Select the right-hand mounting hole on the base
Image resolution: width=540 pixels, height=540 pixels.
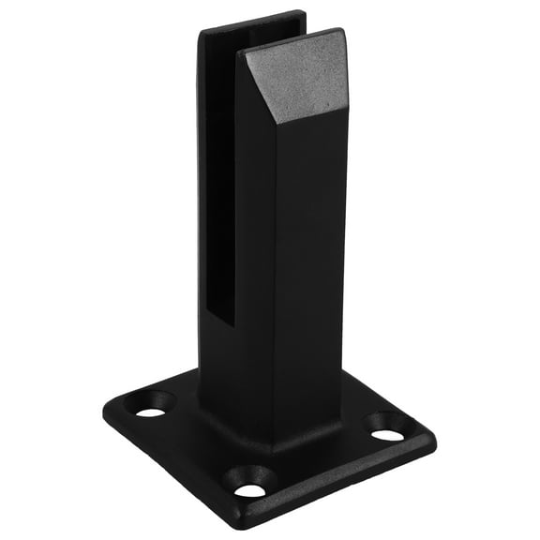[387, 434]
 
